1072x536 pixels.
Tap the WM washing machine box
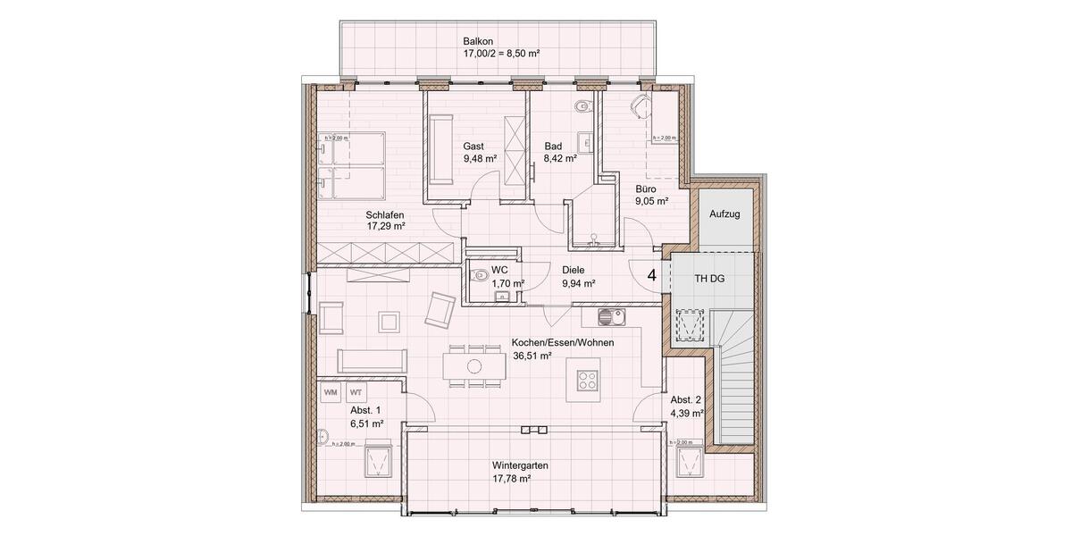[331, 392]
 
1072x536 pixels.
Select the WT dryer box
[356, 392]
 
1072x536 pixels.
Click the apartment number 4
[652, 275]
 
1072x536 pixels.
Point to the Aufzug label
[724, 214]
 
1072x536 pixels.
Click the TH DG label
[710, 279]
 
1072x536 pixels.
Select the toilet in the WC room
[478, 275]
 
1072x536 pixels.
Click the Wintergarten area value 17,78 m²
[512, 479]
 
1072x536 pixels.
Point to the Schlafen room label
[385, 214]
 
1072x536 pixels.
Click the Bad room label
[553, 146]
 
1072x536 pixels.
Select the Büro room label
[646, 189]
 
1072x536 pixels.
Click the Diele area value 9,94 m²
[578, 283]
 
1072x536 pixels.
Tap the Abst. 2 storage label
[686, 400]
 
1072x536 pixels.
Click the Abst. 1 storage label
[366, 410]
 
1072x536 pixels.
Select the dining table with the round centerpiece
[474, 365]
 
